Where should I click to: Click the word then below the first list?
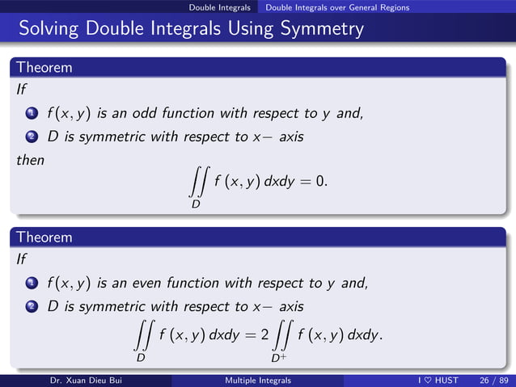30,160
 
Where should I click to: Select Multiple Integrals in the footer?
258,381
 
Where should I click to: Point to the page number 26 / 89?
493,381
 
